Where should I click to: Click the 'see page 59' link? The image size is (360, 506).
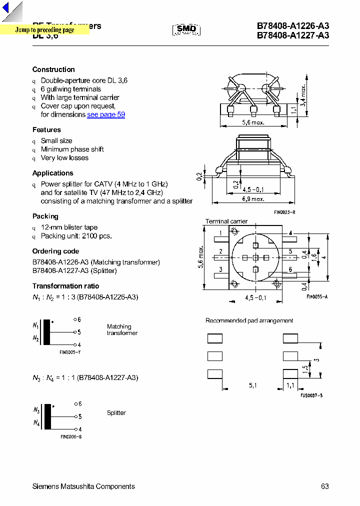pyautogui.click(x=106, y=114)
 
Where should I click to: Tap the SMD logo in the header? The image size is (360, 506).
pyautogui.click(x=186, y=29)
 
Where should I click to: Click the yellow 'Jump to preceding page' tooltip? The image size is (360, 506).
pyautogui.click(x=44, y=30)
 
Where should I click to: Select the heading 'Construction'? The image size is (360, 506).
pyautogui.click(x=53, y=69)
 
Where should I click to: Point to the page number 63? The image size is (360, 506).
pyautogui.click(x=325, y=486)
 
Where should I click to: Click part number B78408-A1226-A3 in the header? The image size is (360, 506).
pyautogui.click(x=293, y=26)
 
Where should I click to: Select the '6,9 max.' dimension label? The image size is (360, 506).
pyautogui.click(x=252, y=199)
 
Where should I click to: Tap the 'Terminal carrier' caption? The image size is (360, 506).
pyautogui.click(x=226, y=221)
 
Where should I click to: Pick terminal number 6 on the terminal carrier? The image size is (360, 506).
pyautogui.click(x=290, y=269)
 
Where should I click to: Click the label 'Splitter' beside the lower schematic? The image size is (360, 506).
pyautogui.click(x=116, y=413)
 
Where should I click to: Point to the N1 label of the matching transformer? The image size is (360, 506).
pyautogui.click(x=35, y=325)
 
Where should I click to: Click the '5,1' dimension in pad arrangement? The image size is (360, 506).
pyautogui.click(x=253, y=386)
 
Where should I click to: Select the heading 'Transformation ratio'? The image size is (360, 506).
pyautogui.click(x=65, y=286)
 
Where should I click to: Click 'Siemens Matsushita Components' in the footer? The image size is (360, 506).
pyautogui.click(x=83, y=486)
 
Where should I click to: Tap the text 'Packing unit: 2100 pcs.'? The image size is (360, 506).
pyautogui.click(x=76, y=236)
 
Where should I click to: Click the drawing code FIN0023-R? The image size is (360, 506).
pyautogui.click(x=284, y=212)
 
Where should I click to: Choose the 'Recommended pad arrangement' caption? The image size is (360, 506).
pyautogui.click(x=249, y=320)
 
